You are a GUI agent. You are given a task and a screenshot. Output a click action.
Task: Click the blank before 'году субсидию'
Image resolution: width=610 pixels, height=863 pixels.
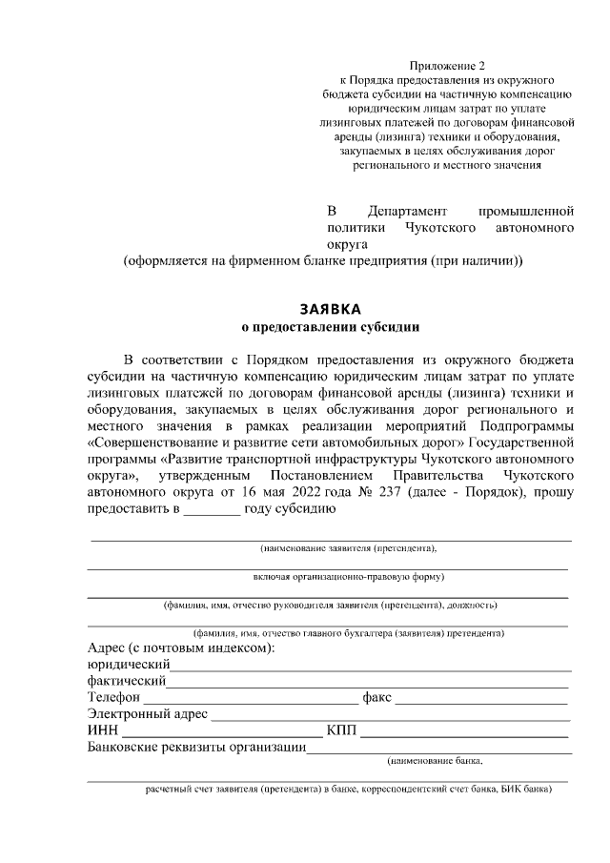pos(212,509)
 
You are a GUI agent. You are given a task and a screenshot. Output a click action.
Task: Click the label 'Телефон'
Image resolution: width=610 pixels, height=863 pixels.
pos(113,697)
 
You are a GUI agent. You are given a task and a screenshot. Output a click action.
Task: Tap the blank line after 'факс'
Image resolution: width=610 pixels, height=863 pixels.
pos(482,699)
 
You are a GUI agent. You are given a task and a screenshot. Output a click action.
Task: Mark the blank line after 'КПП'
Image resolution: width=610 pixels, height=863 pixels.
pos(465,732)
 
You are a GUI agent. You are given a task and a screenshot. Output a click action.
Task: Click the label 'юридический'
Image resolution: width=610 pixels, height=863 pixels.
pos(129,665)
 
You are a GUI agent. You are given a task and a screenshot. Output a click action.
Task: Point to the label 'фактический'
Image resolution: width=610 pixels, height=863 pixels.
pos(127,681)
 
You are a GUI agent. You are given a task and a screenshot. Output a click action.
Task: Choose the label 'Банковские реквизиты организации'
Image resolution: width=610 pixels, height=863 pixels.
pos(196,747)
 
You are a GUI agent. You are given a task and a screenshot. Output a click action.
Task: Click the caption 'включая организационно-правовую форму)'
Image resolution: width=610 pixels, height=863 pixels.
pos(349,577)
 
